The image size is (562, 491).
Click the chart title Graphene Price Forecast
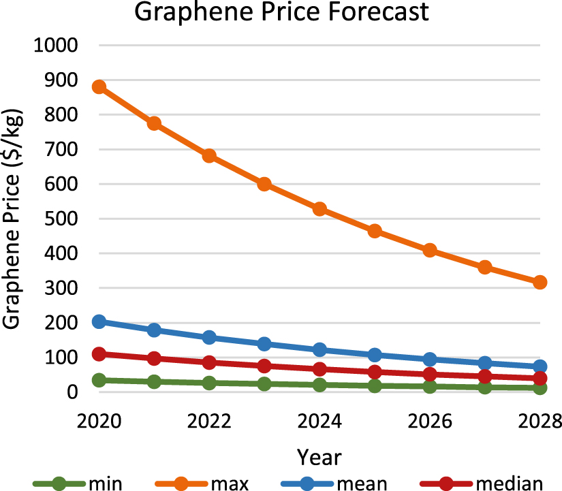coord(281,13)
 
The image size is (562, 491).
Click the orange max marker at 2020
coord(99,87)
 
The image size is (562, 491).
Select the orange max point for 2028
coord(540,282)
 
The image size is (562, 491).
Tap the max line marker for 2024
coord(319,209)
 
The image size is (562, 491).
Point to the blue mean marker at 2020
coord(99,321)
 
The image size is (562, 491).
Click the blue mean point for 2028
coord(540,366)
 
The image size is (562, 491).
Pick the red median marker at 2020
coord(99,354)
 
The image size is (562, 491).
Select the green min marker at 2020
coord(99,380)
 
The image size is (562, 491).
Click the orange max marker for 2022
coord(209,156)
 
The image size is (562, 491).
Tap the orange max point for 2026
coord(430,250)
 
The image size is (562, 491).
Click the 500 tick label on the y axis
coord(65,219)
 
